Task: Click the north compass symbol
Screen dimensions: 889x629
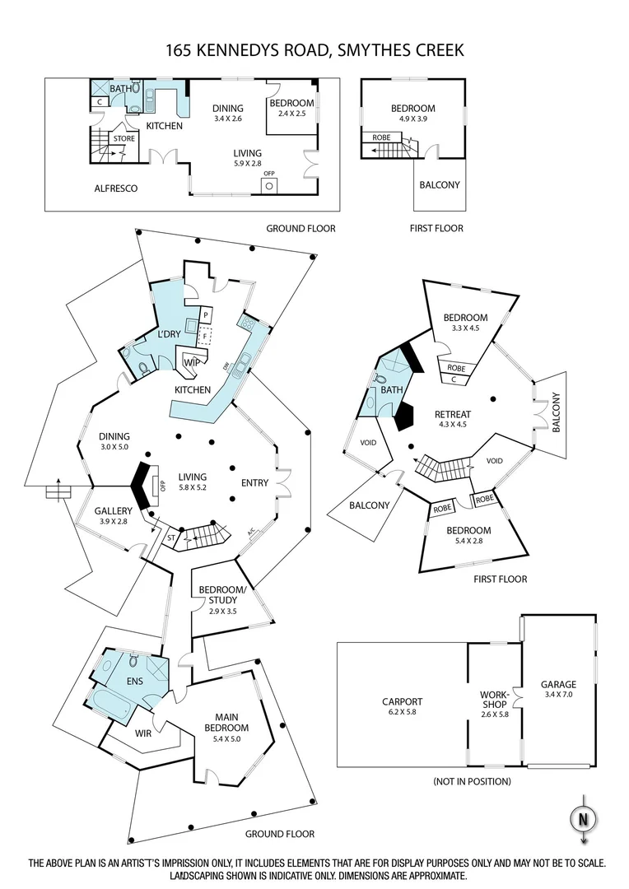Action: [583, 818]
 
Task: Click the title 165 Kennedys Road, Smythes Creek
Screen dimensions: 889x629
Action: [314, 50]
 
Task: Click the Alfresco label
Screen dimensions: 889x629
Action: [115, 189]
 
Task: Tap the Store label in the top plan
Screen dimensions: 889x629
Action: [123, 139]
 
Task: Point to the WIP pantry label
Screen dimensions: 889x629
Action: [191, 362]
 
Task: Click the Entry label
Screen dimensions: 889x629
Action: [254, 482]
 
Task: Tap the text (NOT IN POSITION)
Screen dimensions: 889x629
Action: [472, 780]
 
